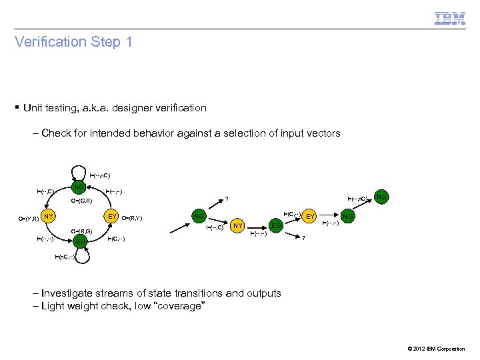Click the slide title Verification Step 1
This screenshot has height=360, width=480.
[74, 42]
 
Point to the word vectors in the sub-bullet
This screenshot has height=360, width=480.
[323, 133]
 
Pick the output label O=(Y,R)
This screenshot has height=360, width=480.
[27, 218]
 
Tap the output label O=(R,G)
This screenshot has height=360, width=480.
[85, 231]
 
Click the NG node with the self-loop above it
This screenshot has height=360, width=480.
[79, 186]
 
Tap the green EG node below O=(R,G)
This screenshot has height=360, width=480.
[80, 240]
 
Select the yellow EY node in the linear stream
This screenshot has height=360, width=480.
[309, 216]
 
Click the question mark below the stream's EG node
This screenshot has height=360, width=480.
[303, 239]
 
